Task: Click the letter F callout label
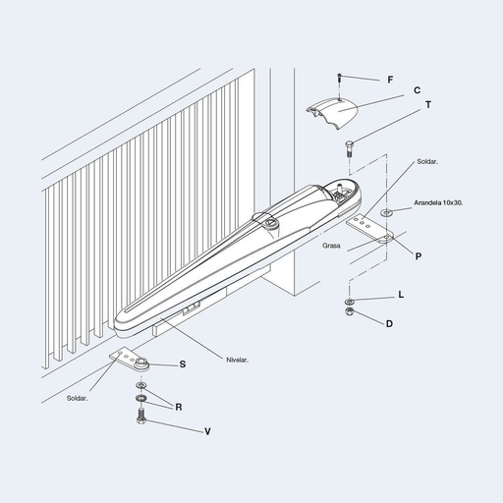coord(390,80)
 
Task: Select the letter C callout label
coord(417,90)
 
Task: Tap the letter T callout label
coord(428,105)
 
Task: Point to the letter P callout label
coord(419,256)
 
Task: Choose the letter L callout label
coord(401,295)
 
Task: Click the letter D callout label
coord(389,324)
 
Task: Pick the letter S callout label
coord(183,364)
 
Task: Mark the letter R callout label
coord(179,407)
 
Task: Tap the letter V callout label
coord(207,431)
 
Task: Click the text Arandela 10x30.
coord(438,202)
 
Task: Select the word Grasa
coord(331,246)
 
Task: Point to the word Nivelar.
coord(238,360)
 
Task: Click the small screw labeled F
coord(340,78)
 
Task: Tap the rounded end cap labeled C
coord(332,113)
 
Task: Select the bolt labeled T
coord(349,148)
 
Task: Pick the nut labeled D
coord(349,310)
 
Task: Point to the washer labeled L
coord(349,301)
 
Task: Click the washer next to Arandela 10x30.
coord(386,213)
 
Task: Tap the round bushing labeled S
coord(141,363)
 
